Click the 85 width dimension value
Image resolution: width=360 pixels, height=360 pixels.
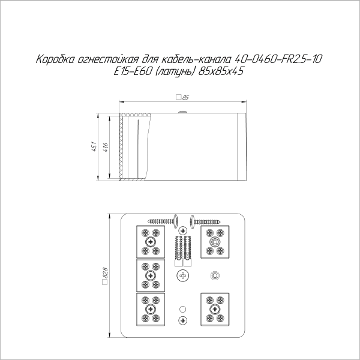coord(185,96)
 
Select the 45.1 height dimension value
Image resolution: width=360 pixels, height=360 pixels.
coord(94,146)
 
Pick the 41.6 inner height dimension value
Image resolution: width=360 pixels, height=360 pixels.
coord(106,146)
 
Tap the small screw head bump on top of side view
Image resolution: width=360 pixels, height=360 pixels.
coord(180,111)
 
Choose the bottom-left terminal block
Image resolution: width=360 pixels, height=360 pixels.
coord(150,310)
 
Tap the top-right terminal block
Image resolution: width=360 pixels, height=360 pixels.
coord(214,241)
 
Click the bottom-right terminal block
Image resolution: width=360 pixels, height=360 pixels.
coord(214,310)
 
